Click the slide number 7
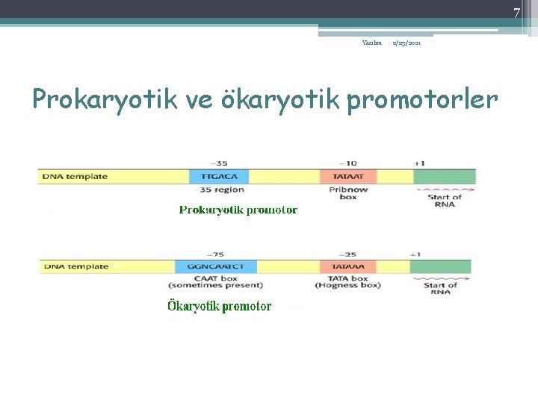[x=516, y=13]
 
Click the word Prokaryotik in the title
[x=102, y=99]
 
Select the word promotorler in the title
[x=421, y=99]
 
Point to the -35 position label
[x=219, y=163]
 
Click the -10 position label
[x=347, y=163]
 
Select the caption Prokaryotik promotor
[x=238, y=210]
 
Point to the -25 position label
[x=347, y=254]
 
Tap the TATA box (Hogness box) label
[x=347, y=281]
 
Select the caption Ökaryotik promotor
[x=218, y=306]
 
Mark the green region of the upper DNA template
[x=445, y=177]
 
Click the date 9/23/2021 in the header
[x=408, y=44]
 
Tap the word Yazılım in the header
[x=372, y=43]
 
